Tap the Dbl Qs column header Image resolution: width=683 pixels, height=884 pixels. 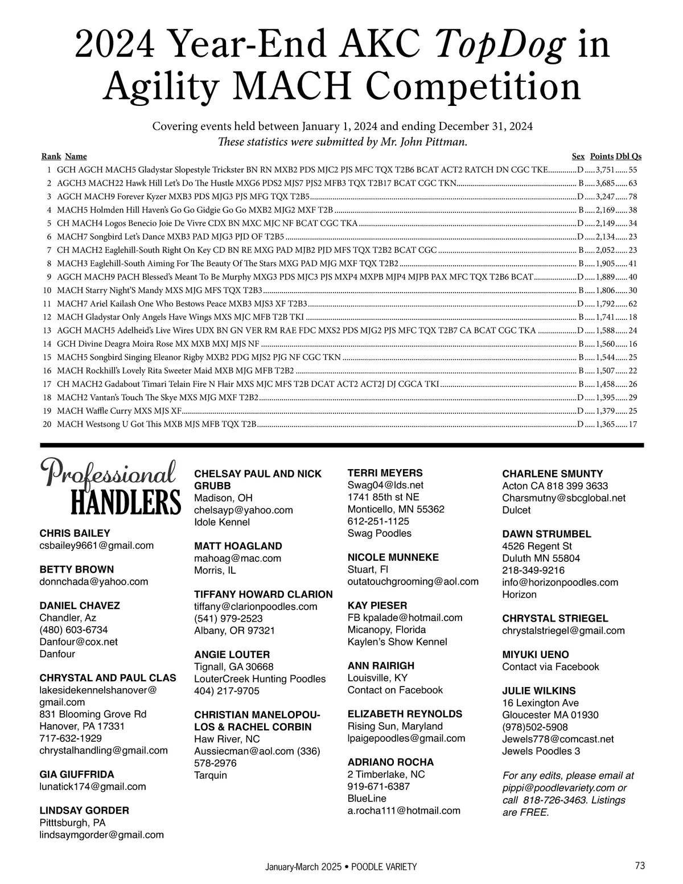coord(629,157)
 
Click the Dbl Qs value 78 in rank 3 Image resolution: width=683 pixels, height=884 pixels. coord(633,196)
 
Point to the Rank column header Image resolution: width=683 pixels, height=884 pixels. coord(51,157)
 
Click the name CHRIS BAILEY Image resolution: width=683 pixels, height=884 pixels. coord(75,533)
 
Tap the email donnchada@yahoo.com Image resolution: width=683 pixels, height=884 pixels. coord(93,582)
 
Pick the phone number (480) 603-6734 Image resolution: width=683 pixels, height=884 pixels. coord(73,630)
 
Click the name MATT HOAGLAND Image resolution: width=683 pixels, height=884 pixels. coord(238,546)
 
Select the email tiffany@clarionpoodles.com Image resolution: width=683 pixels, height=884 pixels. coord(256,607)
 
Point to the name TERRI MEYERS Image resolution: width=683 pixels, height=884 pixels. coord(385,473)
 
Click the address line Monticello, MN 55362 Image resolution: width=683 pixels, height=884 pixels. coord(396,509)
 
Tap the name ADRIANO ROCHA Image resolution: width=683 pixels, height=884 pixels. coord(390,762)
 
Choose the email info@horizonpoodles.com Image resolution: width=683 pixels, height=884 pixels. coord(560,582)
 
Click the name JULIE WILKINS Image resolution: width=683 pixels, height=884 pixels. coord(539,690)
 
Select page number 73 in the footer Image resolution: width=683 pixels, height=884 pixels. coord(640,866)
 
